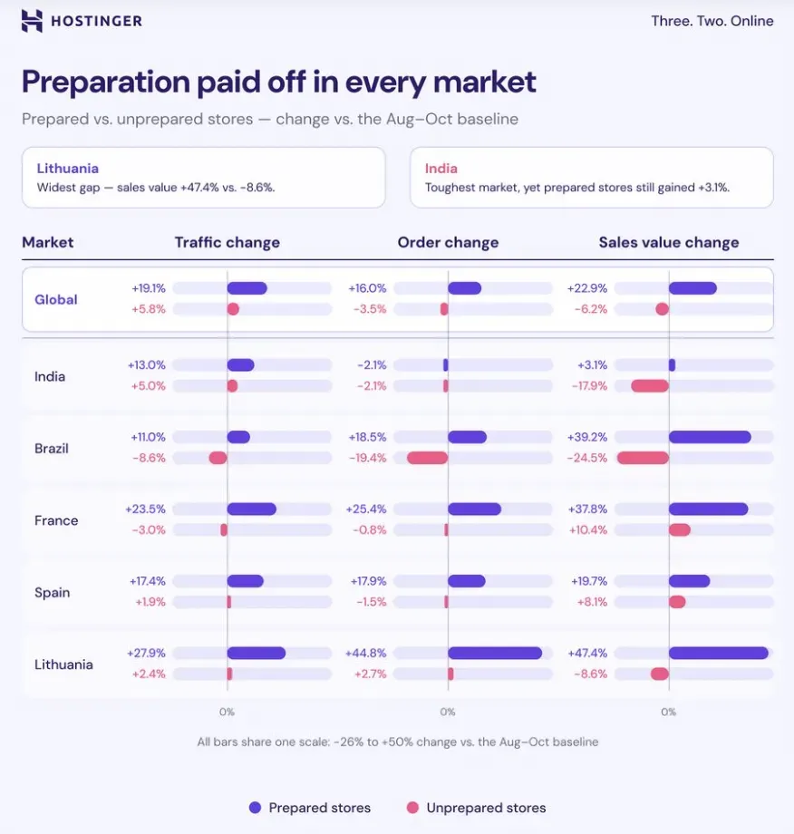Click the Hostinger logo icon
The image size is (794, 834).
(x=32, y=21)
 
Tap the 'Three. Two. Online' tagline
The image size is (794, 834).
(x=712, y=21)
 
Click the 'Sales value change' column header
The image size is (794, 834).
(x=669, y=243)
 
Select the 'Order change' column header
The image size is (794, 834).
(x=448, y=243)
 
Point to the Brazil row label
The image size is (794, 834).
(x=52, y=449)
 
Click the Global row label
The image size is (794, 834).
(x=56, y=299)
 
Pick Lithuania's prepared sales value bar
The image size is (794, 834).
(x=719, y=653)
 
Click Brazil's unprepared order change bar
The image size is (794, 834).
(x=428, y=458)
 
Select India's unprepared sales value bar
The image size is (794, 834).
(x=650, y=385)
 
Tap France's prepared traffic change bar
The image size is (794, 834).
(x=252, y=509)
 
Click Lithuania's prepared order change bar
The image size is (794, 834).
(x=495, y=653)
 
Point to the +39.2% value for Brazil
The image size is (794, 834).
(x=587, y=437)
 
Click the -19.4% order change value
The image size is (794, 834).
(x=367, y=458)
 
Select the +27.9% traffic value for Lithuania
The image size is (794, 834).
(x=146, y=654)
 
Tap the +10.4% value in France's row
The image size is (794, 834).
(x=587, y=529)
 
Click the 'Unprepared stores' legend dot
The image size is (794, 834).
(x=412, y=808)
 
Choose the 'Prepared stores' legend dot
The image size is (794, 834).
(x=256, y=808)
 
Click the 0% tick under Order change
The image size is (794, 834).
(x=448, y=712)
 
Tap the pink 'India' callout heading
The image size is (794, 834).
(x=441, y=169)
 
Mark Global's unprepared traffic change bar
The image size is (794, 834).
(x=233, y=309)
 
